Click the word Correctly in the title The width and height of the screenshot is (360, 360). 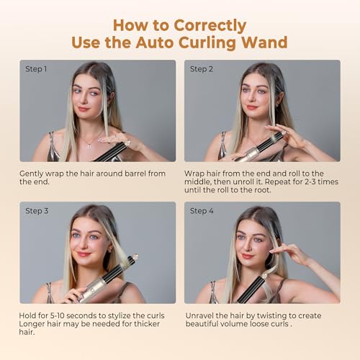coord(210,26)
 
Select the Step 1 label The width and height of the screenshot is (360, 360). coord(36,69)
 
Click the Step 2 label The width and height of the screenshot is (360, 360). coord(202,69)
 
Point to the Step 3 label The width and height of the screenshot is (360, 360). coord(37,211)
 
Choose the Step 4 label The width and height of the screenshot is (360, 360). coord(202,211)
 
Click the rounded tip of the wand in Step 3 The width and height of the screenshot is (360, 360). coord(135,256)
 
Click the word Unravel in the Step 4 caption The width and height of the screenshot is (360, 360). coord(199,315)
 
